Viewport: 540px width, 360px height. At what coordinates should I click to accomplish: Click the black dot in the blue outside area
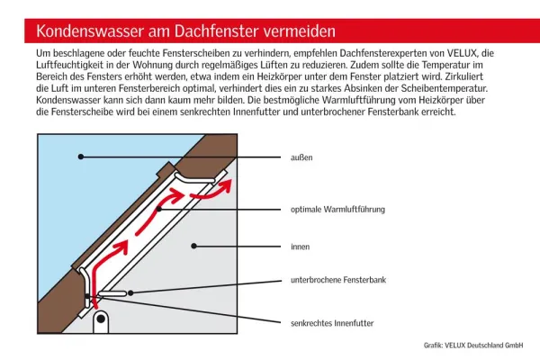pos(80,157)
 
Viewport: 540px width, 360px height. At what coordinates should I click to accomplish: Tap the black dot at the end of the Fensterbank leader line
pos(134,292)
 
